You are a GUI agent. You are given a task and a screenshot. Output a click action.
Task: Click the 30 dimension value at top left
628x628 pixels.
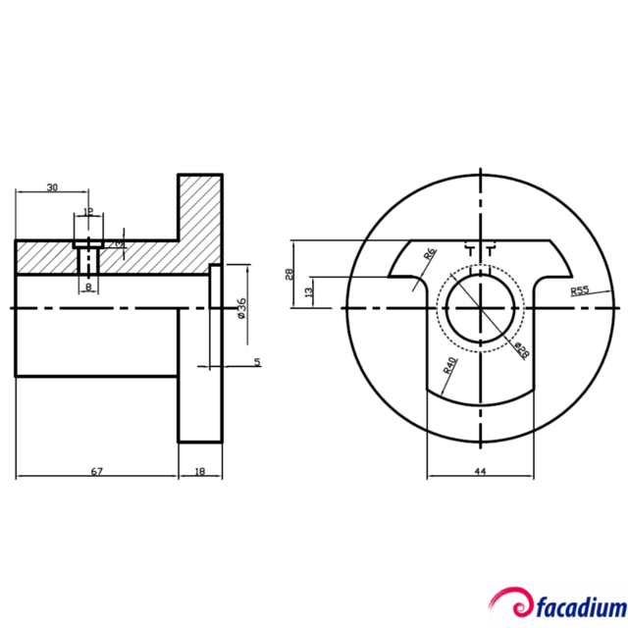(x=51, y=186)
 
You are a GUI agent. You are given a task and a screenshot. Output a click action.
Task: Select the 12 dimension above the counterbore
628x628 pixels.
(x=88, y=211)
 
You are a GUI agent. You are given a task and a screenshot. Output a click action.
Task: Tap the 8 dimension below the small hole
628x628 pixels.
(x=88, y=287)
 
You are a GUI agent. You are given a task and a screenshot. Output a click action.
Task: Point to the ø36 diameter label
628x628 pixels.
(x=240, y=307)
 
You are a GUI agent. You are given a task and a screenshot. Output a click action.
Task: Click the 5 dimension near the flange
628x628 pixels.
(x=257, y=362)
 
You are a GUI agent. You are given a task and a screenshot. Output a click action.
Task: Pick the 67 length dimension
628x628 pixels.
(x=96, y=472)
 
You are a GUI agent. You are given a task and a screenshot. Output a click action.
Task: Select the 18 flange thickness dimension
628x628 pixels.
(x=201, y=472)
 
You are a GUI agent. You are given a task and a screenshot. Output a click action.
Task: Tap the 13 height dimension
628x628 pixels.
(x=309, y=291)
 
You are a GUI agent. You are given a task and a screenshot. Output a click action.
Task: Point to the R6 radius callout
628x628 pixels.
(x=429, y=254)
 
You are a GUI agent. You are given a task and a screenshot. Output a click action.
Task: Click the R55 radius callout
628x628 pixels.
(x=579, y=290)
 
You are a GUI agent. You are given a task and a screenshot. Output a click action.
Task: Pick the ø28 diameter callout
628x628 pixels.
(x=521, y=350)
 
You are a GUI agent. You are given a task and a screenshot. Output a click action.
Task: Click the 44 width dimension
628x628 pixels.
(x=480, y=472)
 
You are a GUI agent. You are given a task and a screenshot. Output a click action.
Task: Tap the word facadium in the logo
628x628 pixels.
(x=578, y=602)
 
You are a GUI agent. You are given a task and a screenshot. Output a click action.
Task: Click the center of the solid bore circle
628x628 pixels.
(x=481, y=307)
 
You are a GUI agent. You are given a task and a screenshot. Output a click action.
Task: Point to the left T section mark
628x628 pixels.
(x=470, y=250)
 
